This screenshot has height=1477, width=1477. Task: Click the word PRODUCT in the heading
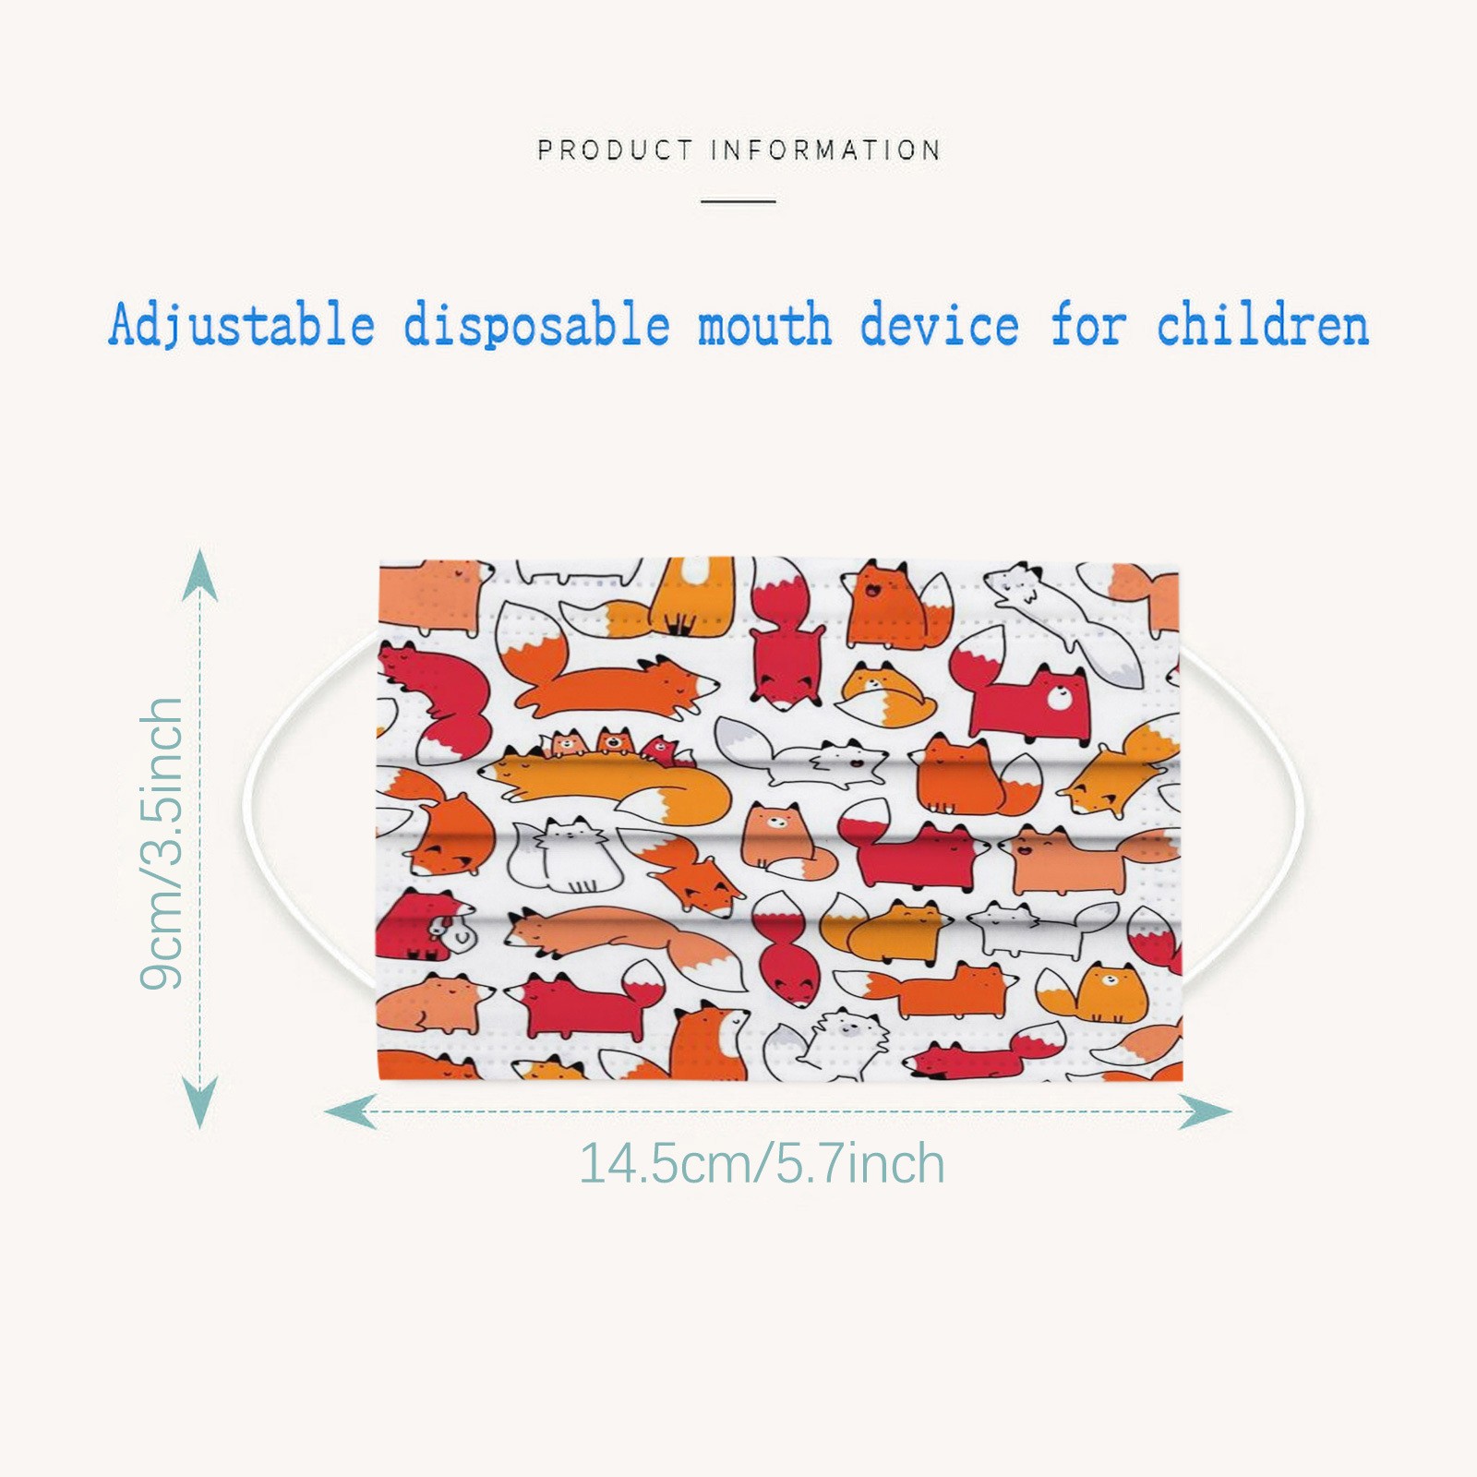coord(615,150)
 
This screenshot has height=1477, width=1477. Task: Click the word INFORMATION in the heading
coord(826,150)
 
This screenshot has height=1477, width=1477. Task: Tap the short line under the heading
coord(738,200)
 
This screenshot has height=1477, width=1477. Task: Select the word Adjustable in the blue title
coord(242,326)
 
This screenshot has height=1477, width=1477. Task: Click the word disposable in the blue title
coord(536,326)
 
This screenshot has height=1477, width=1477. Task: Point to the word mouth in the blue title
coord(764,326)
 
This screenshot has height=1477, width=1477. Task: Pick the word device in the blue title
coord(940,326)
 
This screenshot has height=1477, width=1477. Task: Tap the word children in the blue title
coord(1263,326)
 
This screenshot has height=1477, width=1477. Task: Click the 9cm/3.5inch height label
coord(162,844)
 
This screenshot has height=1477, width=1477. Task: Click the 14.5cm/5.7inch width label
coord(762,1163)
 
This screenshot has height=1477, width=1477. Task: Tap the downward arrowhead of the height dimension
coord(199,1103)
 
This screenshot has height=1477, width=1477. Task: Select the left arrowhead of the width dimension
coord(351,1111)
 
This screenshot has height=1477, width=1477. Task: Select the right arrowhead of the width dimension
coord(1205,1111)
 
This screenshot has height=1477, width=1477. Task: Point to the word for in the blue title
coord(1089,326)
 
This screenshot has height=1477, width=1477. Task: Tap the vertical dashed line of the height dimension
coord(199,838)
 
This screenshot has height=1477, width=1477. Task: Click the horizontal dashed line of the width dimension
coord(777,1111)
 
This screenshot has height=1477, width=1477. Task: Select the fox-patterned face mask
coord(780,819)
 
